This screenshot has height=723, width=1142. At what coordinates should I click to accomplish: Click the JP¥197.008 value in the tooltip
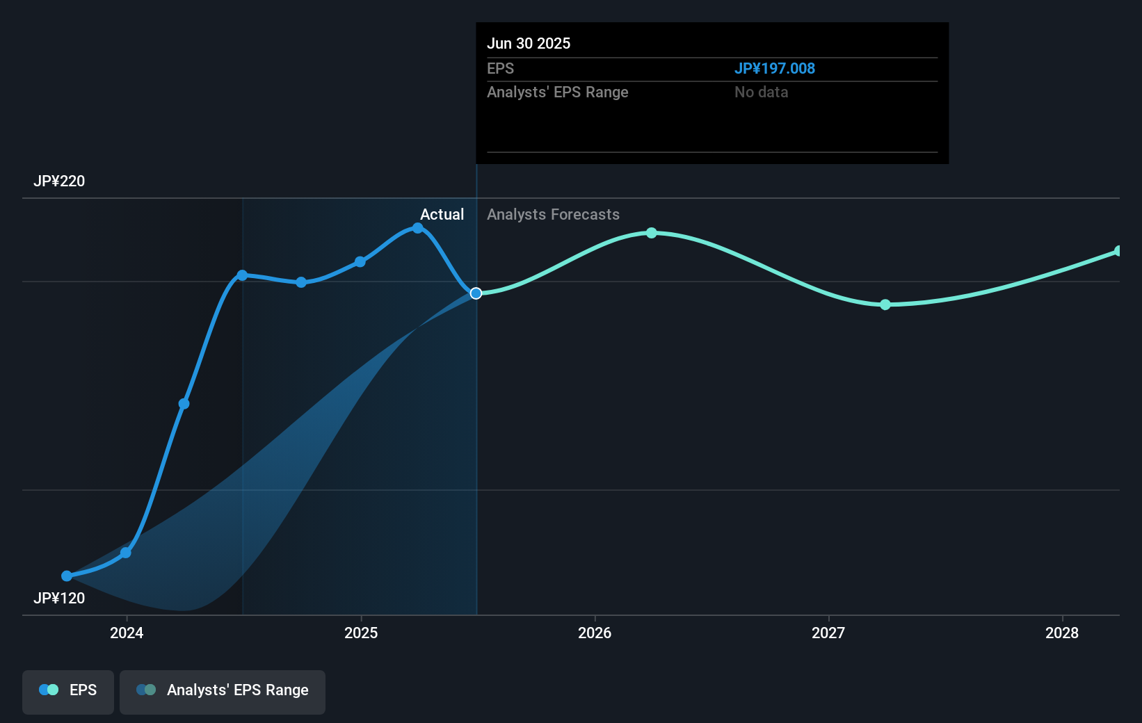coord(774,69)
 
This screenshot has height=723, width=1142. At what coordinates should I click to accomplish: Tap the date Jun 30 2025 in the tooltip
coord(529,44)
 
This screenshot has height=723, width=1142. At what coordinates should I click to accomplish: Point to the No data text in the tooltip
coord(761,92)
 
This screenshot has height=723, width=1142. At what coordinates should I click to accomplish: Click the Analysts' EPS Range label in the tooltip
coord(557,92)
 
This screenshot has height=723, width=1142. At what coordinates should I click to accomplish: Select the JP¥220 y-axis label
coord(59,181)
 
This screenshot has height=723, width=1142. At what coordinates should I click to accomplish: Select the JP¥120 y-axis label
coord(59,599)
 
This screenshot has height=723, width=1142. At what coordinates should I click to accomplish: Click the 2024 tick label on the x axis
coord(127,633)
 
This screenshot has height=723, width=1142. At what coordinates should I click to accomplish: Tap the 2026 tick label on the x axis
coord(595,633)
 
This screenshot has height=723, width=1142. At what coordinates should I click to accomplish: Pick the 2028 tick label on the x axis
coord(1062,633)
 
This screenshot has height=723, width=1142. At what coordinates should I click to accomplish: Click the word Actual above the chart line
coord(442,215)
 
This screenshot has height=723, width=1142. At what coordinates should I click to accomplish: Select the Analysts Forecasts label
coord(553,215)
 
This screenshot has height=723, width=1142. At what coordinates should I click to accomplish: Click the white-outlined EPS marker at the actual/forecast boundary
coord(476,293)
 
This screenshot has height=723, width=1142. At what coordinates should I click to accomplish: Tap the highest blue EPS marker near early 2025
coord(417,228)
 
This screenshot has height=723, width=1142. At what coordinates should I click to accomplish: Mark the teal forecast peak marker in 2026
coord(651,233)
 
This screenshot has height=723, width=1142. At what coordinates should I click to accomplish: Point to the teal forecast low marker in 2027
coord(885,304)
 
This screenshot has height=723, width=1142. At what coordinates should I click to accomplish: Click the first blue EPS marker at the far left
coord(67,576)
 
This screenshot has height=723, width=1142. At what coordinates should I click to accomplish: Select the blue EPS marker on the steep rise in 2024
coord(184,404)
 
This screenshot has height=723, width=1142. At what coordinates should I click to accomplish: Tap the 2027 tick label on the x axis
coord(828,633)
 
